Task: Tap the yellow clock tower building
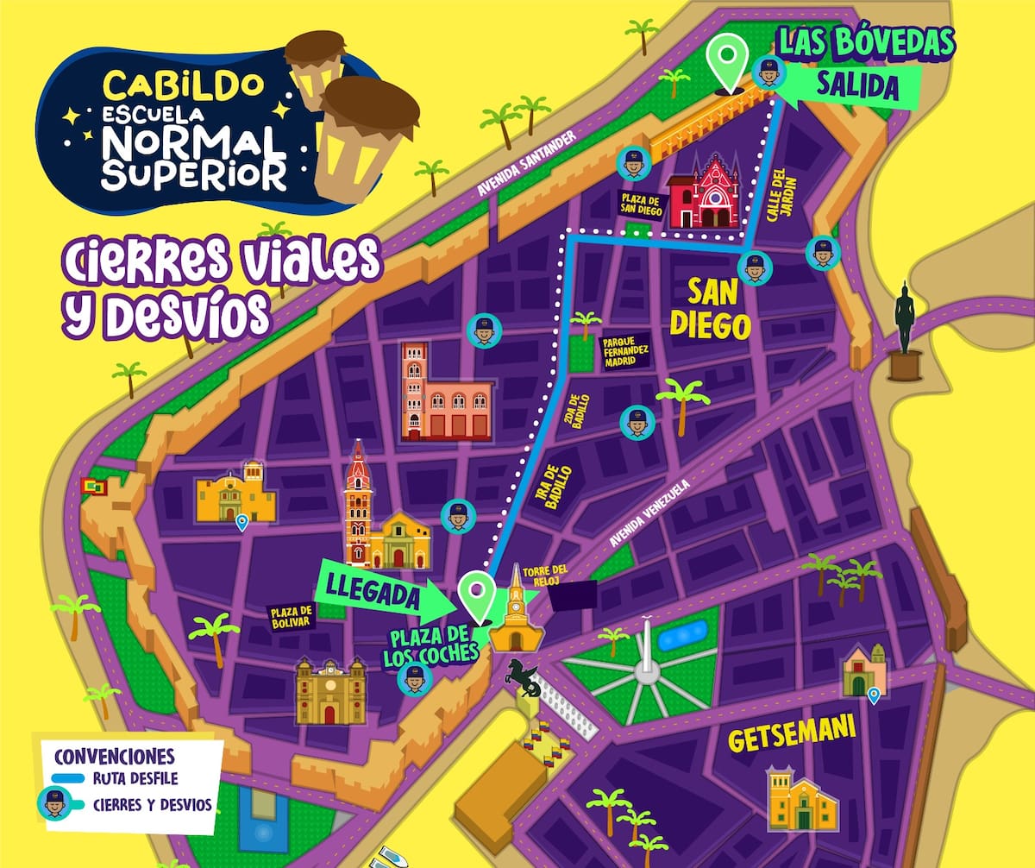click(516, 617)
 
